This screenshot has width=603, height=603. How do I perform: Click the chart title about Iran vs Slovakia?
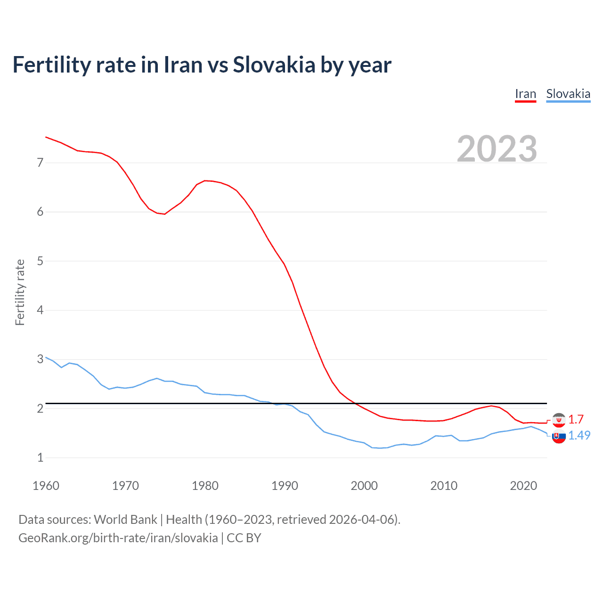(202, 65)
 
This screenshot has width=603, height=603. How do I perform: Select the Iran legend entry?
(525, 94)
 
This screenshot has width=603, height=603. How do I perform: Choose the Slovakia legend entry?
(568, 94)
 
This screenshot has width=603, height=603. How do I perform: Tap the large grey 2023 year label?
(497, 149)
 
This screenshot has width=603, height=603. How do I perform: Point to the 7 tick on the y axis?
(40, 163)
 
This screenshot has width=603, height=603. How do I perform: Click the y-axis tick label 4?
(40, 310)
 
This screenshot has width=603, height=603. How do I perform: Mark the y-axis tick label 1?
(40, 457)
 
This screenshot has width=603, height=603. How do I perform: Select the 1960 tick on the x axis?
(46, 486)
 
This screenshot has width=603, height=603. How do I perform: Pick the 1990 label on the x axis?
(285, 486)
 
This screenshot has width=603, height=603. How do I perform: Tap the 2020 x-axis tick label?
(523, 486)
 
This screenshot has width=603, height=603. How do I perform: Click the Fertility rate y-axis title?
(20, 292)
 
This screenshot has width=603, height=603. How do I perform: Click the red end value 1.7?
(576, 419)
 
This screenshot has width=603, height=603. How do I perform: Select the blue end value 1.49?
(579, 435)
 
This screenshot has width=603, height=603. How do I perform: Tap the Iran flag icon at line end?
(559, 420)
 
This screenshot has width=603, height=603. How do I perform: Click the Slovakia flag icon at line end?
(559, 437)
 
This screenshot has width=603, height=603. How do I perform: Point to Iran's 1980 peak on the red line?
(205, 180)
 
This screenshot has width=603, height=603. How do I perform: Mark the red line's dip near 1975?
(164, 214)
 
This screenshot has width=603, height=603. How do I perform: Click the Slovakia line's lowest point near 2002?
(380, 448)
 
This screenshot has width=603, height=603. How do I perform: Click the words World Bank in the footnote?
(125, 520)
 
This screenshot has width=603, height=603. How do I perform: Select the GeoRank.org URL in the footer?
(118, 538)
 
